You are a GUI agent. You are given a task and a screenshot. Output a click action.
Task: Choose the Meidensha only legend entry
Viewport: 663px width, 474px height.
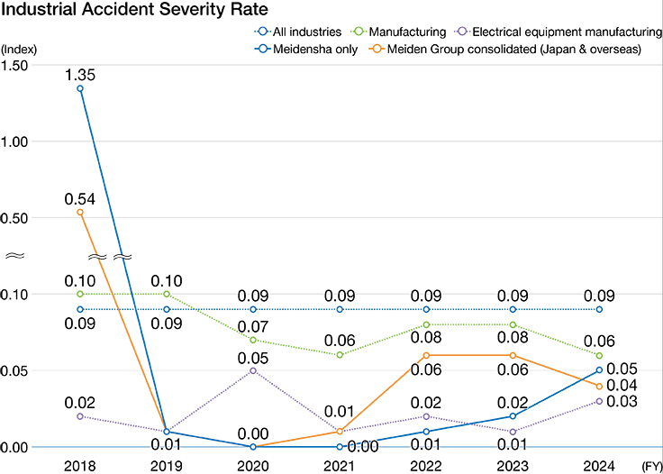tap(315, 49)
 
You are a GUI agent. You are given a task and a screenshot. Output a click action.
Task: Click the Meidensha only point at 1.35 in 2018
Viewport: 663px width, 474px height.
tap(81, 88)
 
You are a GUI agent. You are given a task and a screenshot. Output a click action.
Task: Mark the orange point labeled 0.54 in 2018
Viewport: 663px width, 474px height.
tap(81, 213)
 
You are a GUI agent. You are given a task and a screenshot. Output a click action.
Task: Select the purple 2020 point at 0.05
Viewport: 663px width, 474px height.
tap(252, 370)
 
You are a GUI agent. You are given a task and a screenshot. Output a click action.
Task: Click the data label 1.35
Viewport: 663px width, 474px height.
tap(81, 72)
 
